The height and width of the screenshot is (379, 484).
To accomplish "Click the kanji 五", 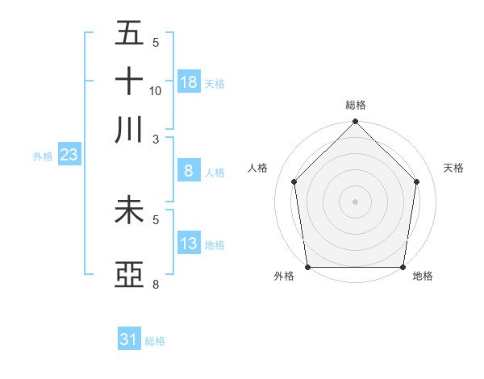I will tap(129, 34).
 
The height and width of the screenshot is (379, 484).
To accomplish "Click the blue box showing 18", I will tap(189, 81).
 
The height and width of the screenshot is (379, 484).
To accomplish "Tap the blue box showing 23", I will tap(69, 155).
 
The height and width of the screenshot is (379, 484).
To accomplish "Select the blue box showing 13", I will tap(188, 243).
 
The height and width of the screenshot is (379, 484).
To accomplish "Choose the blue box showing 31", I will tap(129, 339).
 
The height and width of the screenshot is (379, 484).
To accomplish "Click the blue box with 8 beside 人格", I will tap(188, 170).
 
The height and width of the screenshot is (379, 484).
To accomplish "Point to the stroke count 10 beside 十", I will tap(156, 91).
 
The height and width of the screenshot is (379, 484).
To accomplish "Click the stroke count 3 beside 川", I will tap(156, 139).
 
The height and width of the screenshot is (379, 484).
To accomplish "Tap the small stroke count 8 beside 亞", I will tap(156, 285).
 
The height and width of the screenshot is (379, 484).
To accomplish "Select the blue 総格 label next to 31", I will tap(155, 341).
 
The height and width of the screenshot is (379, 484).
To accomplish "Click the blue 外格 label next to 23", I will tap(43, 156).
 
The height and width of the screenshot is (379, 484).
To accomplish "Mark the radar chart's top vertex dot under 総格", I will tap(355, 123).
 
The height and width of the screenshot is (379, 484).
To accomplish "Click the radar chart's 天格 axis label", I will tap(453, 168).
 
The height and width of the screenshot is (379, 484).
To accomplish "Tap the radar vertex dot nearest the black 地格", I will tap(403, 267).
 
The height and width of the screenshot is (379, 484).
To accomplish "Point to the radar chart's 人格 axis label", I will tap(258, 168).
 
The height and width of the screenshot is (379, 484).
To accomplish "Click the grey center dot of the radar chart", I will tap(355, 201).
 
